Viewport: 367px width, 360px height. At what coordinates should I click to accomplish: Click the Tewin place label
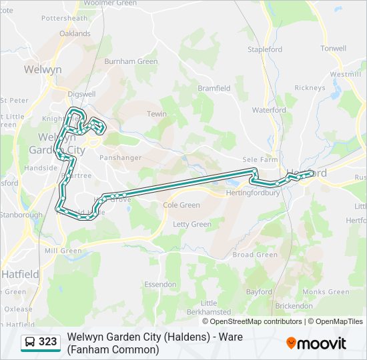[x=157, y=114]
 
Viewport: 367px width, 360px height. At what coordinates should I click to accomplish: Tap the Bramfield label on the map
[x=214, y=88]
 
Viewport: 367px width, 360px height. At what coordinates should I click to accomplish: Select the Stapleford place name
[x=265, y=49]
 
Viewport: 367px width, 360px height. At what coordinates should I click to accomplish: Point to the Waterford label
[x=269, y=110]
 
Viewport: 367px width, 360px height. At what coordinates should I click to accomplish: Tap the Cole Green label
[x=181, y=205]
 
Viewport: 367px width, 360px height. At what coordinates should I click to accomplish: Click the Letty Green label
[x=192, y=224]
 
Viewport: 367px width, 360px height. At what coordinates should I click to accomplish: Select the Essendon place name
[x=160, y=284]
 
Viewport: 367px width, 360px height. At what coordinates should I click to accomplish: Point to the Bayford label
[x=259, y=292]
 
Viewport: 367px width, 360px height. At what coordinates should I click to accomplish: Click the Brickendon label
[x=294, y=305]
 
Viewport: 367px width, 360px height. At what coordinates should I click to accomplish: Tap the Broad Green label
[x=255, y=255]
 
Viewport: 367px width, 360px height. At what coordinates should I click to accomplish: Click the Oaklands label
[x=75, y=33]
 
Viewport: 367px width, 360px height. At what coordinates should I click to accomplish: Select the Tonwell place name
[x=333, y=49]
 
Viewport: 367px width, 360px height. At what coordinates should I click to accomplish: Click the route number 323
[x=48, y=343]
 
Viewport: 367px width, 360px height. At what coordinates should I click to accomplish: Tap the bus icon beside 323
[x=30, y=343]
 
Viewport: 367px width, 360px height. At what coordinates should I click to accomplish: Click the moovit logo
[x=316, y=343]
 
